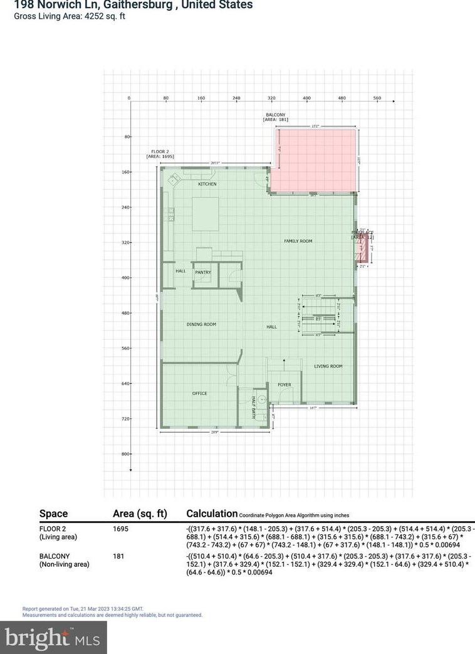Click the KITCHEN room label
[x=207, y=184]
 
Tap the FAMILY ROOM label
[x=298, y=241]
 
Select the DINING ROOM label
[x=201, y=324]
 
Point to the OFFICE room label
[x=199, y=393]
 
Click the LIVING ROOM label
[x=328, y=366]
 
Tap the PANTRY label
[x=202, y=272]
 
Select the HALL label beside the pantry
[x=180, y=271]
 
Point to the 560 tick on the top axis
[x=377, y=98]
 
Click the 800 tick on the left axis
[x=125, y=453]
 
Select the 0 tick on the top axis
[x=129, y=98]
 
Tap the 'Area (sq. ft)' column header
[x=140, y=514]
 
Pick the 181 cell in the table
[x=119, y=556]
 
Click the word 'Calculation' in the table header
[x=212, y=514]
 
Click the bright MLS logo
[x=53, y=638]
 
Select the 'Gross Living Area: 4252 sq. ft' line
[x=70, y=16]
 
